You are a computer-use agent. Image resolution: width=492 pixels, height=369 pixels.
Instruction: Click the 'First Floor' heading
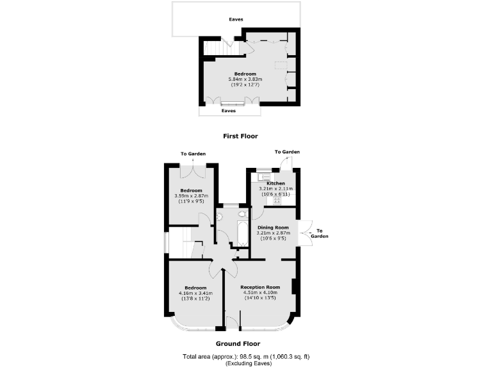point(240,136)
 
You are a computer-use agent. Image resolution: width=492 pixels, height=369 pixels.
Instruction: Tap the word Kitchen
point(267,183)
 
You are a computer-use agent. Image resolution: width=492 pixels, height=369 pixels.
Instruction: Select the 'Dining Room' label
point(274,227)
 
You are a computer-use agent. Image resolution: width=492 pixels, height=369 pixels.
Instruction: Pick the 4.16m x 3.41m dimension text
point(195,293)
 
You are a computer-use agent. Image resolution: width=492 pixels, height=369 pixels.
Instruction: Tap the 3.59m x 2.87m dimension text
point(191,196)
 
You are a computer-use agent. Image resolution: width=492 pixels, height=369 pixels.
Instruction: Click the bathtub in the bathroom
point(242,234)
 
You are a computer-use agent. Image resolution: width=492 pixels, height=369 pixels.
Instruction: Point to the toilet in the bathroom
point(242,215)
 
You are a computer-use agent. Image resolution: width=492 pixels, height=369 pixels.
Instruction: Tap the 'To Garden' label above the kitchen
point(287,152)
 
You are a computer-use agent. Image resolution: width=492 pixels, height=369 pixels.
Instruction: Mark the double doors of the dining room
point(305,232)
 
